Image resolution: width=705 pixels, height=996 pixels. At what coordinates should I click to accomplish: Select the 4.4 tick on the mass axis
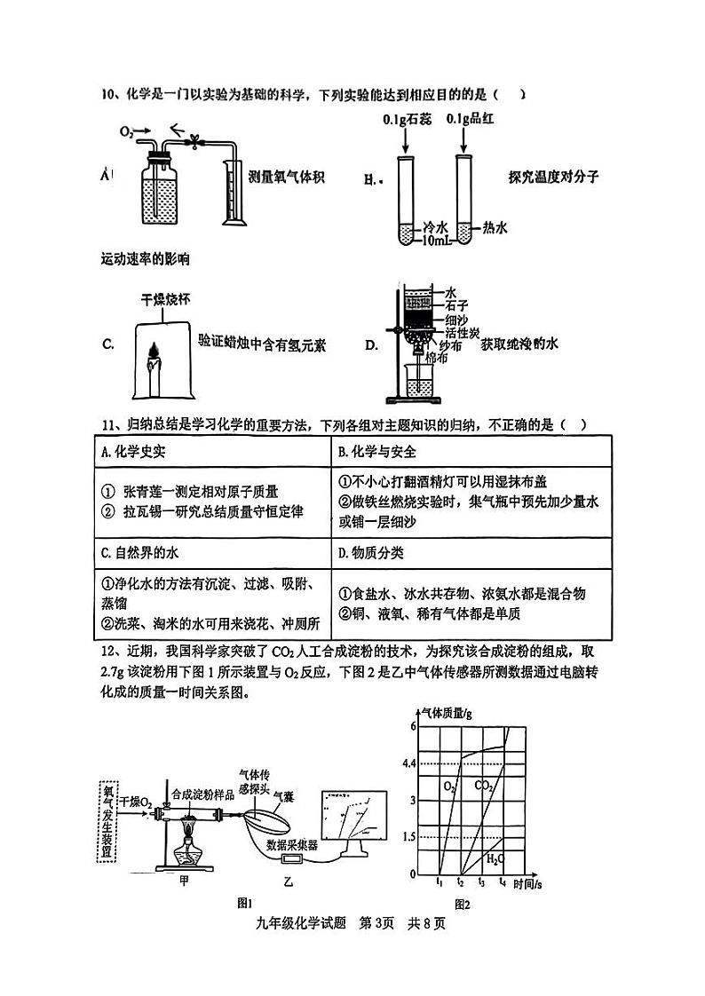click(409, 763)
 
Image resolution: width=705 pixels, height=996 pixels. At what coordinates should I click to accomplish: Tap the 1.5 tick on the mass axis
click(409, 837)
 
